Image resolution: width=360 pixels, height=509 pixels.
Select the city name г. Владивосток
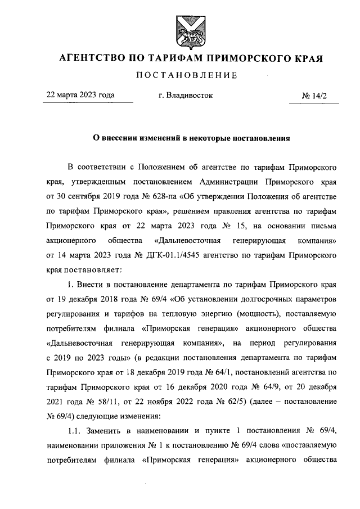pyautogui.click(x=186, y=96)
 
